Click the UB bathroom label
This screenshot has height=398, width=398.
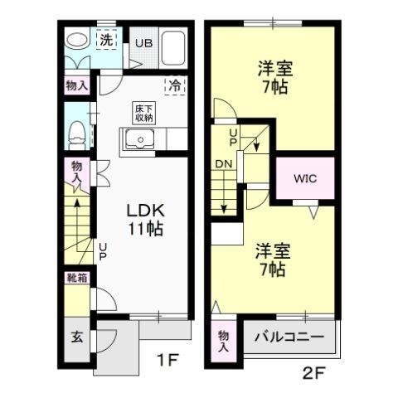point(144,43)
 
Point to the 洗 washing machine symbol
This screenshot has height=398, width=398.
point(107,40)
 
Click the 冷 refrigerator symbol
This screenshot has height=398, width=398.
point(176,85)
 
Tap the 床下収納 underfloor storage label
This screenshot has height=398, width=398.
point(143,114)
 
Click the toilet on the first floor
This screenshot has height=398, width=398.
point(75,131)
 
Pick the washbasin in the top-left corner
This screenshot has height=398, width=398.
point(76,40)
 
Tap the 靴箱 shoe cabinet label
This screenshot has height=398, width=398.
point(76,279)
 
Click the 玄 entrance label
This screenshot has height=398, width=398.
point(76,338)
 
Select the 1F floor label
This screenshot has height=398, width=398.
point(167,361)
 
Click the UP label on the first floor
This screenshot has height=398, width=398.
point(103,248)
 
